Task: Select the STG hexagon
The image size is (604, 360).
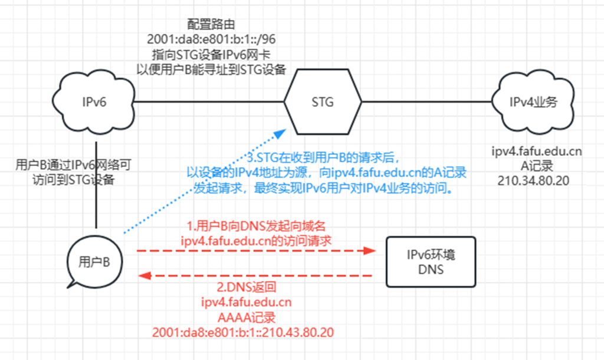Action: pos(322,102)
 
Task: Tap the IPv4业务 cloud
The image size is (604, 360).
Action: pos(534,102)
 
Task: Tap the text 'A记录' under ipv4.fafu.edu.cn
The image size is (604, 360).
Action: pos(537,166)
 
